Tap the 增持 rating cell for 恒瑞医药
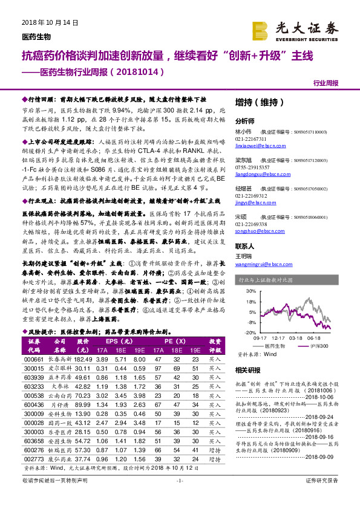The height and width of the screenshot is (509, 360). pyautogui.click(x=215, y=433)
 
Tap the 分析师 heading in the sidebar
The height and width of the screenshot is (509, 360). pyautogui.click(x=245, y=120)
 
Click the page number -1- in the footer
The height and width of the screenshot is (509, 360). pyautogui.click(x=179, y=497)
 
